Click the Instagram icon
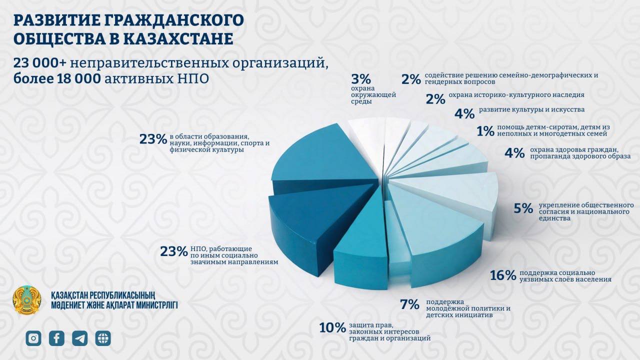point(33,338)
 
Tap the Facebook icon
point(56,338)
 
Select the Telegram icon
point(80,338)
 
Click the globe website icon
point(103,338)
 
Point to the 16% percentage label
point(503,275)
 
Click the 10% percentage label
point(332,328)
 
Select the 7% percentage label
point(409,304)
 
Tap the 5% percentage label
point(523,208)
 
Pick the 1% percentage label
point(485,131)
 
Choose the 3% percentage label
point(361,79)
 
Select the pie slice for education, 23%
point(325,160)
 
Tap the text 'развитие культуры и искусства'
point(531,109)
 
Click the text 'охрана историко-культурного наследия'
point(516,94)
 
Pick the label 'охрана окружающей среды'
point(373,94)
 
